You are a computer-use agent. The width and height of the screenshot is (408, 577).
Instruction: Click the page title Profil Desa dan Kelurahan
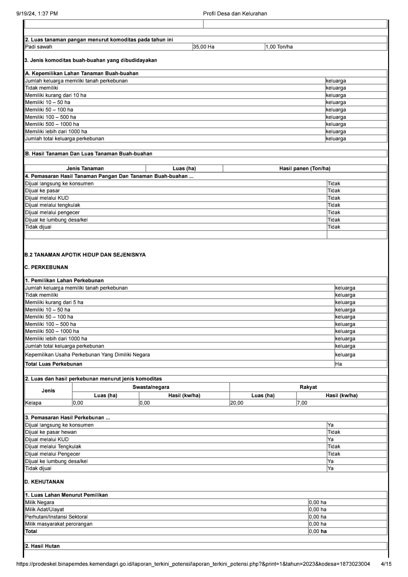[x=235, y=13]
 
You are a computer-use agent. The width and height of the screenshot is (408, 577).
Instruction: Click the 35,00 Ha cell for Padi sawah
[x=204, y=47]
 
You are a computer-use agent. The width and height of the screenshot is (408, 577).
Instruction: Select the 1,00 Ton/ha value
[x=279, y=47]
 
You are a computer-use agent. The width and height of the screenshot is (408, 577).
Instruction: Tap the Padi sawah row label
[x=39, y=47]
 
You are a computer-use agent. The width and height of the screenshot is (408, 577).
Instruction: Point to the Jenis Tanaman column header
[x=85, y=169]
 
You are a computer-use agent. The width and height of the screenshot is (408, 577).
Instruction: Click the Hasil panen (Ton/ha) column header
[x=305, y=169]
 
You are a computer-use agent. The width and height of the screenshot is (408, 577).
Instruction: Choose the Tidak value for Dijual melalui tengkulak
[x=334, y=205]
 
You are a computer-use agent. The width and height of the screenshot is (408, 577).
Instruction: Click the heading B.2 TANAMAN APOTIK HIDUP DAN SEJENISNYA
[x=85, y=255]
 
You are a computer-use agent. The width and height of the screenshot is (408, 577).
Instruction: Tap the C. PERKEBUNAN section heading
[x=46, y=267]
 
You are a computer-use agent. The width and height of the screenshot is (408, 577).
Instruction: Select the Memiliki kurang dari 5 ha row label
[x=54, y=302]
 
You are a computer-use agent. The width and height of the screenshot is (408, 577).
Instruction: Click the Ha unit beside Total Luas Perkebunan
[x=338, y=364]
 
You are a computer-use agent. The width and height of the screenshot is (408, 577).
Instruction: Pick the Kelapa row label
[x=33, y=403]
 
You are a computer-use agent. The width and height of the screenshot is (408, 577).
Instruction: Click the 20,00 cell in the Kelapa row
[x=237, y=403]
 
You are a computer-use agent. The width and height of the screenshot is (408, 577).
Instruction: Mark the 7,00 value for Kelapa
[x=302, y=403]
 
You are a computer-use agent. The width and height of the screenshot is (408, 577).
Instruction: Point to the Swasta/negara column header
[x=151, y=387]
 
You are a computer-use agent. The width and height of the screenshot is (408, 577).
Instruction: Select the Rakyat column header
[x=308, y=387]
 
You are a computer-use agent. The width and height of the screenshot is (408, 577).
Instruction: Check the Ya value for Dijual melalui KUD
[x=331, y=440]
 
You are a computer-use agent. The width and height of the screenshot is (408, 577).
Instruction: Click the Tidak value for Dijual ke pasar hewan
[x=334, y=432]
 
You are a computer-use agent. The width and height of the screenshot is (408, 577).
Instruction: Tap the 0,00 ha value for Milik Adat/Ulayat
[x=317, y=510]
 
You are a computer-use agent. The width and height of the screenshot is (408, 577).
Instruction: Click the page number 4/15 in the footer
[x=386, y=564]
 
